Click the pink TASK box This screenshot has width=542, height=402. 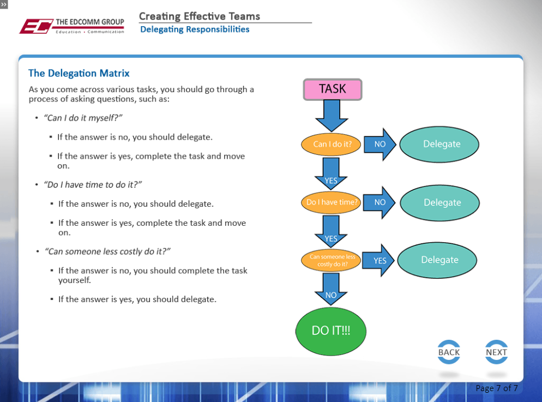(x=332, y=89)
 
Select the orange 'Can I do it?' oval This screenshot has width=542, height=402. (x=332, y=145)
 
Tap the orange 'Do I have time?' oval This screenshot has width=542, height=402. (x=332, y=202)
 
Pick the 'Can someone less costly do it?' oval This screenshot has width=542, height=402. (x=332, y=260)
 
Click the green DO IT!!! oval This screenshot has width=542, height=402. (x=331, y=331)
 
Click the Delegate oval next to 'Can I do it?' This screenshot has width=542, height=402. (x=439, y=145)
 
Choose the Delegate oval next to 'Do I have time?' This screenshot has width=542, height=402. (x=439, y=203)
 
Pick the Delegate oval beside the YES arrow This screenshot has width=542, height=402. (x=437, y=260)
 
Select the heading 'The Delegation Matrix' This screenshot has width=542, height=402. (x=79, y=73)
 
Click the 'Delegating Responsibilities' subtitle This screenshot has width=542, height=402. (x=195, y=29)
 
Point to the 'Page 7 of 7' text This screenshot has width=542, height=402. (x=496, y=388)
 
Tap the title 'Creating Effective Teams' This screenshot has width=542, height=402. (x=200, y=16)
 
